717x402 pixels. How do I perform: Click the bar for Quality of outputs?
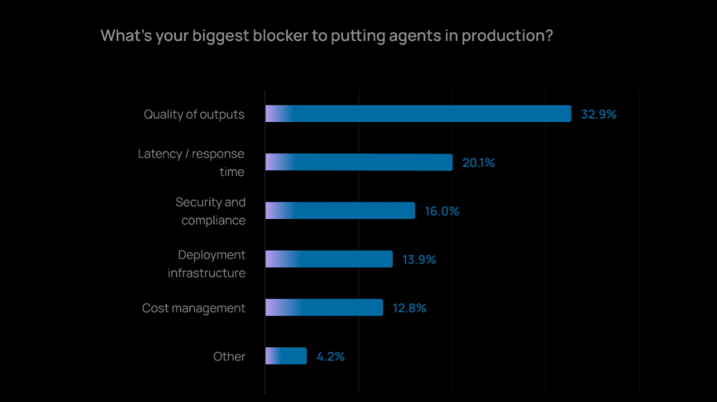tap(418, 114)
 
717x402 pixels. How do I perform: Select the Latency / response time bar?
tap(359, 162)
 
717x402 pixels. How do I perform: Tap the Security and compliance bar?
tap(340, 211)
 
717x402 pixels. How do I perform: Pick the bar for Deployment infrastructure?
tap(329, 259)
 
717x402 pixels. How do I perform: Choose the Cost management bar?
tap(324, 308)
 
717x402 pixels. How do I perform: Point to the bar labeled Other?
tap(286, 356)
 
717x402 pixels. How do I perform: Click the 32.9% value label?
tap(599, 114)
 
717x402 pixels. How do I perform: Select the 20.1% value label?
tap(479, 163)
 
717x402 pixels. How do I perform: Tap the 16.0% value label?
tap(442, 211)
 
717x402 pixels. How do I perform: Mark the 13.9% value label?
tap(419, 260)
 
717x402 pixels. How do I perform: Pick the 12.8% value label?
tap(409, 308)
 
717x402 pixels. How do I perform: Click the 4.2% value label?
tap(330, 357)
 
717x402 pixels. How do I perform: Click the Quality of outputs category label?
tap(194, 114)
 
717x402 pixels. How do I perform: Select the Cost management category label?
tap(193, 308)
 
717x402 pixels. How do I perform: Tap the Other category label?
tap(229, 357)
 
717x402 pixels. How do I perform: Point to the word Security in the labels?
tap(200, 202)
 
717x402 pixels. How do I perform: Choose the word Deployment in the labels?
tap(211, 255)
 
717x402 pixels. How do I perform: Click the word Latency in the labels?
tap(159, 154)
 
